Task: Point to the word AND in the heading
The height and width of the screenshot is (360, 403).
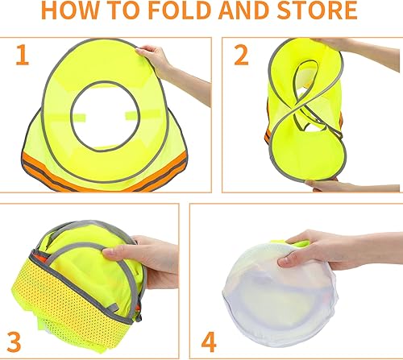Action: pos(264,12)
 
